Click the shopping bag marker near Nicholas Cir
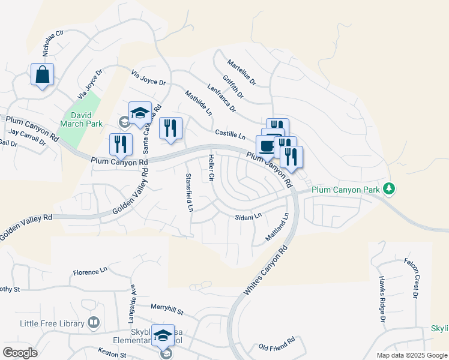click(43, 75)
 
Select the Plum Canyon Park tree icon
click(390, 189)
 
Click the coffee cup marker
click(267, 146)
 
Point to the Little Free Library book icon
click(93, 323)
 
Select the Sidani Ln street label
click(249, 216)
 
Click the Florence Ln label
click(90, 272)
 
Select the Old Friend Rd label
click(277, 344)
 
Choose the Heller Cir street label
click(211, 168)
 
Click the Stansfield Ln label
click(189, 192)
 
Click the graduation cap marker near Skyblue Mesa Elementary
click(162, 336)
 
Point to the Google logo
click(20, 353)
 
